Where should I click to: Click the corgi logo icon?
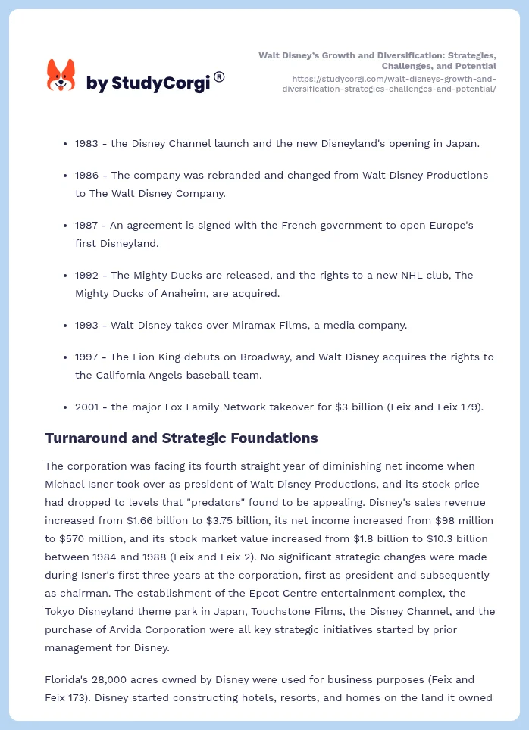coord(61,75)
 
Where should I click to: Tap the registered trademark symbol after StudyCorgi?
coord(219,76)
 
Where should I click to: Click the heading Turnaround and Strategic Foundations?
coord(181,438)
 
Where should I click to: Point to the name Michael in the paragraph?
coord(66,484)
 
